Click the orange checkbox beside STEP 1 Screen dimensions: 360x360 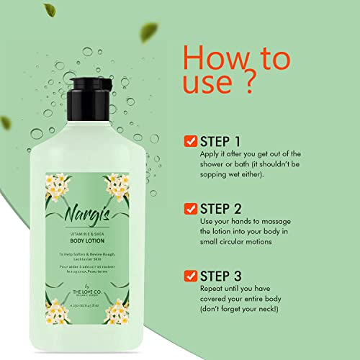190,140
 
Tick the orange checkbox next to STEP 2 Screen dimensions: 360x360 190,209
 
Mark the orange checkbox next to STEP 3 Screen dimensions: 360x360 190,276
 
